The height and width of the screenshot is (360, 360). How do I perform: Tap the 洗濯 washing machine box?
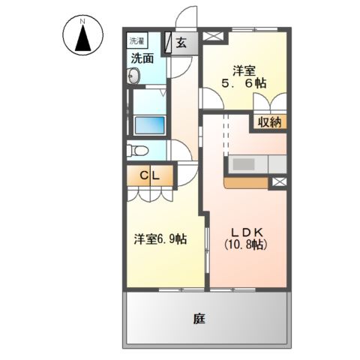point(136,40)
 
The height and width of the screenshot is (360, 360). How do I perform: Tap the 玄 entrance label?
point(181,43)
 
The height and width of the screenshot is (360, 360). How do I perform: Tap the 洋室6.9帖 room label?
point(160,239)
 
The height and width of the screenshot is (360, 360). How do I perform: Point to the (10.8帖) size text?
point(246,244)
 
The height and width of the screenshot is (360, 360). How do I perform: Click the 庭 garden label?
point(199,319)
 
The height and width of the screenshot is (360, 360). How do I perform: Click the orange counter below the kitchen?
point(245,181)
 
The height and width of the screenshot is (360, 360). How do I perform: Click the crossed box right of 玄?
point(212,36)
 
